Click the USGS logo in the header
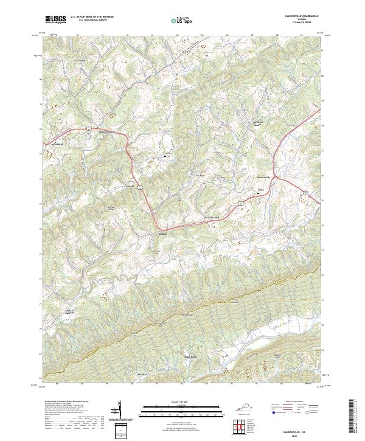click(55, 19)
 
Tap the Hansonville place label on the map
click(263, 176)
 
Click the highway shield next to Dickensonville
click(88, 128)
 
